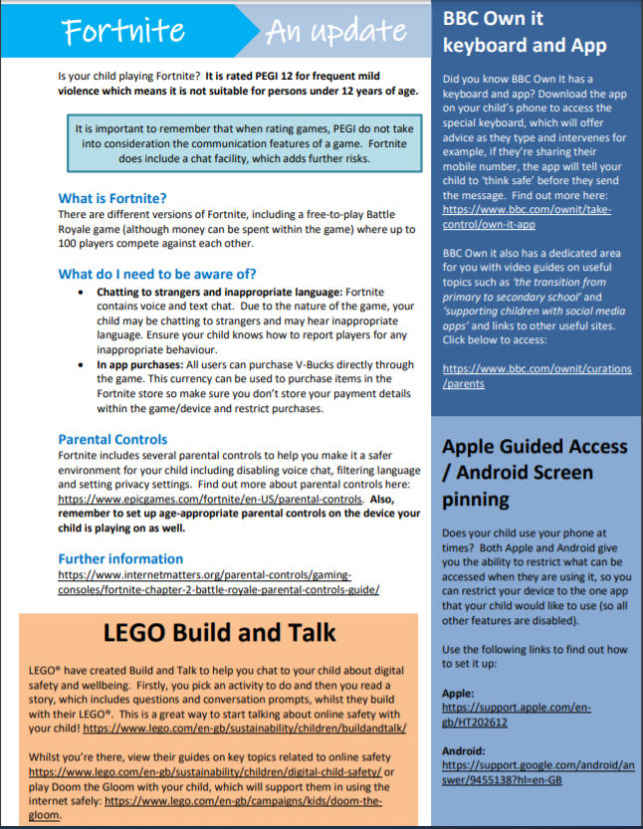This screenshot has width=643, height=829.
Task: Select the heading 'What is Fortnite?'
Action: click(112, 198)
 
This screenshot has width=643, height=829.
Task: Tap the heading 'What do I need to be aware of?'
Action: click(157, 274)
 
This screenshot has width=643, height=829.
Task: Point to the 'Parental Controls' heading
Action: click(112, 438)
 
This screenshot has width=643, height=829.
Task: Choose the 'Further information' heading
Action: click(120, 558)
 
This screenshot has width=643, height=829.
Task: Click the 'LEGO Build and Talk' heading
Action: click(220, 632)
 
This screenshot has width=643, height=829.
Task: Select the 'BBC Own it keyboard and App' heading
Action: click(525, 33)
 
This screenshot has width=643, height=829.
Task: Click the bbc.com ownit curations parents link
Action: click(536, 375)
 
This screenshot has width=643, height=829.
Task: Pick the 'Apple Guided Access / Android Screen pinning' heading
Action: click(535, 471)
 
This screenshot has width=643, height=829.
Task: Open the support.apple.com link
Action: click(516, 714)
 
